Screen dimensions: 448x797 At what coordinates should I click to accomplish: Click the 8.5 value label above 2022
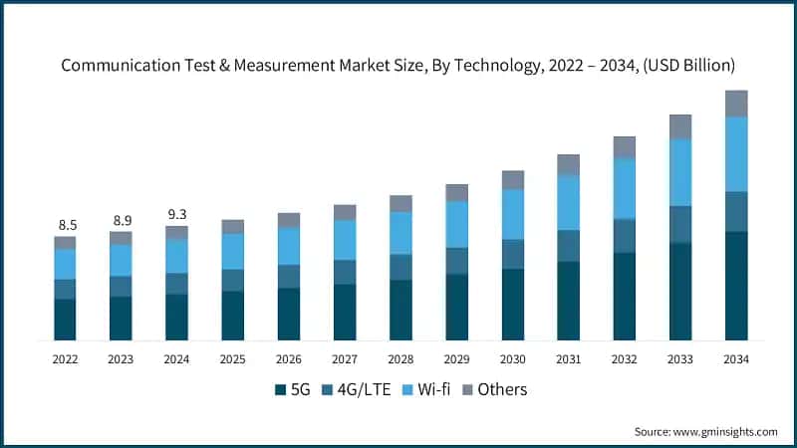click(65, 225)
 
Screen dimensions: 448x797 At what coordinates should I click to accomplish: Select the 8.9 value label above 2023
click(121, 220)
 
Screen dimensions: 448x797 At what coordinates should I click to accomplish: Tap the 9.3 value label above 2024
click(176, 214)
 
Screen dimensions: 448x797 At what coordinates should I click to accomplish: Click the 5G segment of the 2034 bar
click(736, 286)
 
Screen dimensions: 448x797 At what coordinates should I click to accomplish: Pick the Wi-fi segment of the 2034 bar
click(736, 154)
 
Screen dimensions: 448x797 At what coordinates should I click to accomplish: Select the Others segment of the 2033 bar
click(680, 126)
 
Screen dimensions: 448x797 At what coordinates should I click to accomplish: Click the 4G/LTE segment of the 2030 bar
click(513, 254)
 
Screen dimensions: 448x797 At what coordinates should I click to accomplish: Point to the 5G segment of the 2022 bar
click(65, 320)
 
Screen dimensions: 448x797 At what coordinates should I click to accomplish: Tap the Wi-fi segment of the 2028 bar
click(400, 233)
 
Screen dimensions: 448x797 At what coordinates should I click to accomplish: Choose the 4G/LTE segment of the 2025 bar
click(232, 280)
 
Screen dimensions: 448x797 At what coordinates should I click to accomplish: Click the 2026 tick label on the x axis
click(289, 358)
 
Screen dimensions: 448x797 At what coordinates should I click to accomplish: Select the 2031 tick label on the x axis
click(569, 358)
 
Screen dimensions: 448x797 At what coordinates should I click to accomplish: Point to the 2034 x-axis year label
click(736, 358)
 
